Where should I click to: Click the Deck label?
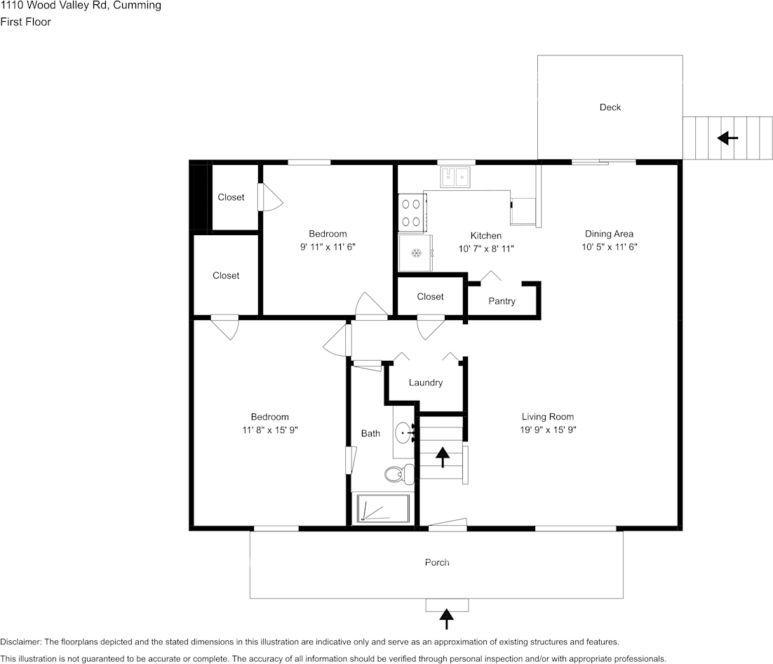(x=610, y=107)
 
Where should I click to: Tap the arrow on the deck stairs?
(x=727, y=138)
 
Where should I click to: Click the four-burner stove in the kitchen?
(x=412, y=213)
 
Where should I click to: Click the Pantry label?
(x=502, y=301)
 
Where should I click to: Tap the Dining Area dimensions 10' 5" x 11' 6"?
(x=609, y=247)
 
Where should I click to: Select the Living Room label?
(x=547, y=416)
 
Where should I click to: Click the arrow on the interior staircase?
(x=443, y=457)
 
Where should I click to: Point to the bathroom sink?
(x=404, y=433)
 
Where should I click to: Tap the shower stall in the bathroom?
(x=383, y=508)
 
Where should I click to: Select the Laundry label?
(x=425, y=383)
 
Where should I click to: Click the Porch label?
(x=437, y=562)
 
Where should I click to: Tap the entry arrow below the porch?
(x=446, y=618)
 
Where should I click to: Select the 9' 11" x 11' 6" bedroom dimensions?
(x=328, y=247)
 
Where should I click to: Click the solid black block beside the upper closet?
(x=199, y=197)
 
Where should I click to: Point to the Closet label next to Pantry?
(x=430, y=297)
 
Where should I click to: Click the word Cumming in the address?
(x=140, y=6)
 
